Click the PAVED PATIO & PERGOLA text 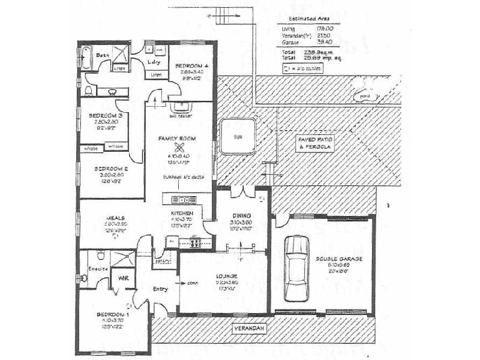tap(315, 142)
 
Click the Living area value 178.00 tap(325, 29)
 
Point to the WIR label tap(123, 278)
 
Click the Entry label tap(160, 289)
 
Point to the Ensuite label tap(97, 268)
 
